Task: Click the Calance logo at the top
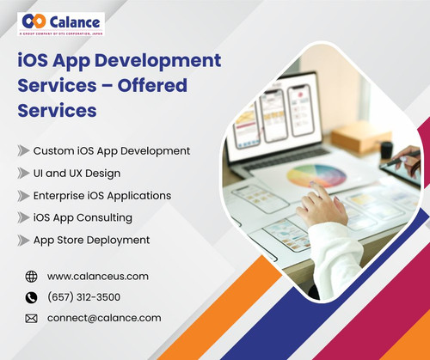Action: [61, 22]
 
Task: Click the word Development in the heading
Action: [155, 62]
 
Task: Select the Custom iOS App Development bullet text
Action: [112, 151]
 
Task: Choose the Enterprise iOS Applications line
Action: [102, 196]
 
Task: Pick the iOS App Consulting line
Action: [83, 218]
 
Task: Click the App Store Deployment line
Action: [92, 241]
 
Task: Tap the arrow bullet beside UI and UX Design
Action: [23, 174]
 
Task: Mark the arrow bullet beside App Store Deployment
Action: [23, 241]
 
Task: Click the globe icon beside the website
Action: [32, 277]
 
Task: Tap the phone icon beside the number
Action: [32, 297]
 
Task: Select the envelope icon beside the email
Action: [32, 319]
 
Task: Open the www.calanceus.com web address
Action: [98, 277]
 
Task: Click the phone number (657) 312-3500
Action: [84, 297]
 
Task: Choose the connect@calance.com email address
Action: [105, 318]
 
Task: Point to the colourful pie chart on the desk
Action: [316, 176]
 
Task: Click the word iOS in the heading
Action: [35, 62]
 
